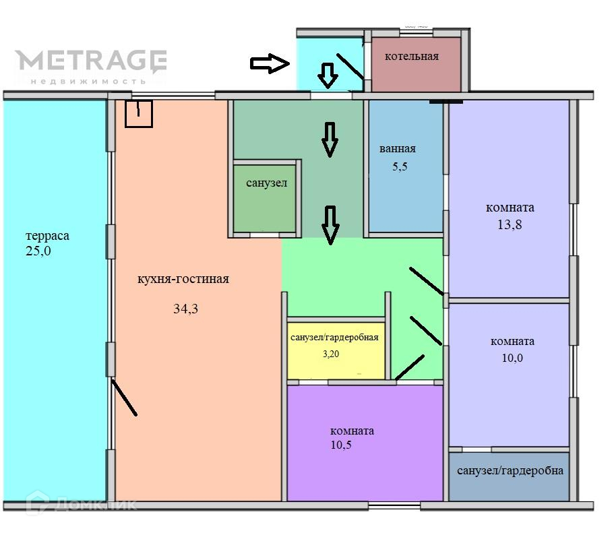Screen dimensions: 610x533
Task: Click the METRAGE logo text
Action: [91, 61]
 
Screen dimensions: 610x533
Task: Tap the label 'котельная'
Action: [411, 57]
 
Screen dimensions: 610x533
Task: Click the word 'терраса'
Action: [47, 237]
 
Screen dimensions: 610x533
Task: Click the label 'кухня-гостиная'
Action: [183, 279]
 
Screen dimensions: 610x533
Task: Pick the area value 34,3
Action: [186, 309]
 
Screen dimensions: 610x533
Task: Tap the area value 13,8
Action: [510, 225]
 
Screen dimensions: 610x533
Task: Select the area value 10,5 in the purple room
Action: [341, 445]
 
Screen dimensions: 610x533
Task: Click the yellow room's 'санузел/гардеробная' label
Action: [334, 338]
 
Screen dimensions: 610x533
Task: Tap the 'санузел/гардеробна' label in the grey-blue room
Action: [510, 471]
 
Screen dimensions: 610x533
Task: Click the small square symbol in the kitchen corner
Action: [139, 113]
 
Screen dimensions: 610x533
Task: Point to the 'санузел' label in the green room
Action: [266, 183]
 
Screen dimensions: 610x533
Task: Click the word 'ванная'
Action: [398, 149]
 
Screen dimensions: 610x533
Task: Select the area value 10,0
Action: [512, 358]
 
